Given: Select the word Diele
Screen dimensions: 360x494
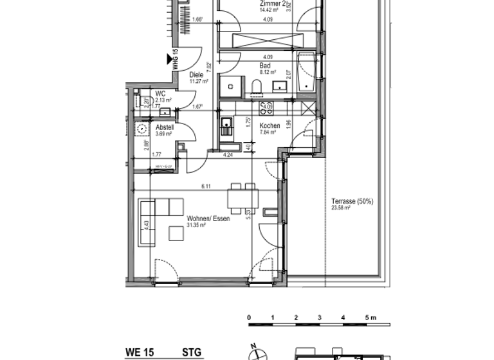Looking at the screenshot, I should [196, 75].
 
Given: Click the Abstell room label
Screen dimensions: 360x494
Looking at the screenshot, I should [165, 127].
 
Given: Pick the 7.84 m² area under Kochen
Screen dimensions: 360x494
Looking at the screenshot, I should [268, 132].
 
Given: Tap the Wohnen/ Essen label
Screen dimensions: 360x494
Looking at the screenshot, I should [208, 219].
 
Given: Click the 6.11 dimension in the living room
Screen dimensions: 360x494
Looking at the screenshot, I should [206, 186].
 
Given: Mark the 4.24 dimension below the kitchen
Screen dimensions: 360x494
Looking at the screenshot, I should [228, 155].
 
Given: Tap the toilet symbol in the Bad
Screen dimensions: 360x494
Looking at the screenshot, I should [256, 87].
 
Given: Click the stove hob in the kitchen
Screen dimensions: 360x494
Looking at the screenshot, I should [263, 107].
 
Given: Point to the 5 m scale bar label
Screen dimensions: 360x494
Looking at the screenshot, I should [369, 318].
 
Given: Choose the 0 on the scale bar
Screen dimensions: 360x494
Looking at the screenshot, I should [249, 318].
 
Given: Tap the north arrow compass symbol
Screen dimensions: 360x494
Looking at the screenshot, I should [255, 352].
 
